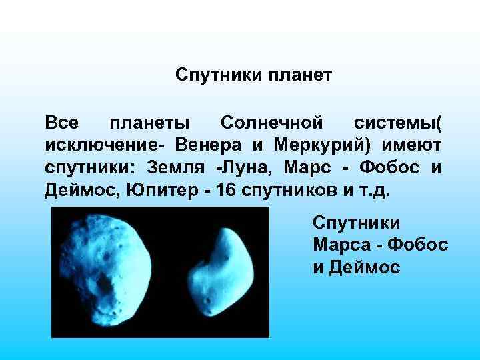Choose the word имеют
click(412, 145)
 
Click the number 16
click(223, 191)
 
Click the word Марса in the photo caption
click(339, 245)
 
